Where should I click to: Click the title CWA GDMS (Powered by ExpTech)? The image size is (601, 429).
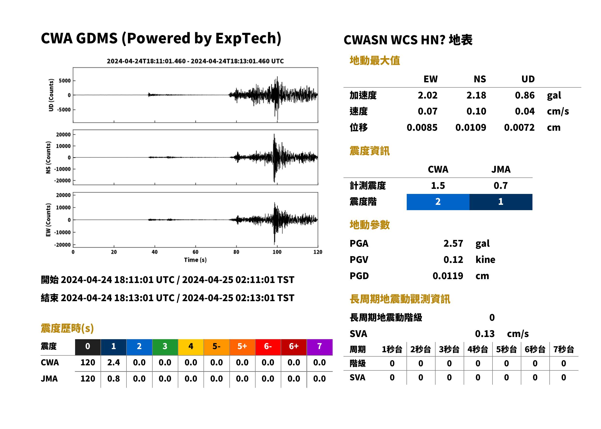click(x=161, y=38)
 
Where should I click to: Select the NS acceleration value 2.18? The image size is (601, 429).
click(x=476, y=95)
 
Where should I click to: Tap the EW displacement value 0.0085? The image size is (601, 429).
click(x=422, y=128)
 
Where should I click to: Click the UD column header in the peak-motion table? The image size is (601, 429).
click(x=528, y=79)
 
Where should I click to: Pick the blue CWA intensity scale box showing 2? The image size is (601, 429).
click(x=438, y=202)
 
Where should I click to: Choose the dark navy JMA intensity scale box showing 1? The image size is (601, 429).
click(x=500, y=202)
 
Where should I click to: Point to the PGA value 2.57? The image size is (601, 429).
click(x=453, y=243)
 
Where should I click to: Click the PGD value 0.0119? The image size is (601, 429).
click(x=448, y=276)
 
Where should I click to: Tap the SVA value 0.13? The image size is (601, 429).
click(x=484, y=334)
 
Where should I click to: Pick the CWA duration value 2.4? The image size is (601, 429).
click(x=113, y=362)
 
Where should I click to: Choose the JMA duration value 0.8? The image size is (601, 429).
click(x=113, y=379)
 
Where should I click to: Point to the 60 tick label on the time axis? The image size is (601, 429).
click(x=195, y=252)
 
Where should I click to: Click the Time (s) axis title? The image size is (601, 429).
click(x=195, y=260)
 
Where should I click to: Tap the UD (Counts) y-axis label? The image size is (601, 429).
click(x=51, y=95)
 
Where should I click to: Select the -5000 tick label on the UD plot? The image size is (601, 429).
click(x=64, y=110)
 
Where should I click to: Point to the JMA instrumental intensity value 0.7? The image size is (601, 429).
click(x=500, y=185)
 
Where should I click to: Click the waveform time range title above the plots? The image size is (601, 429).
click(x=195, y=61)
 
